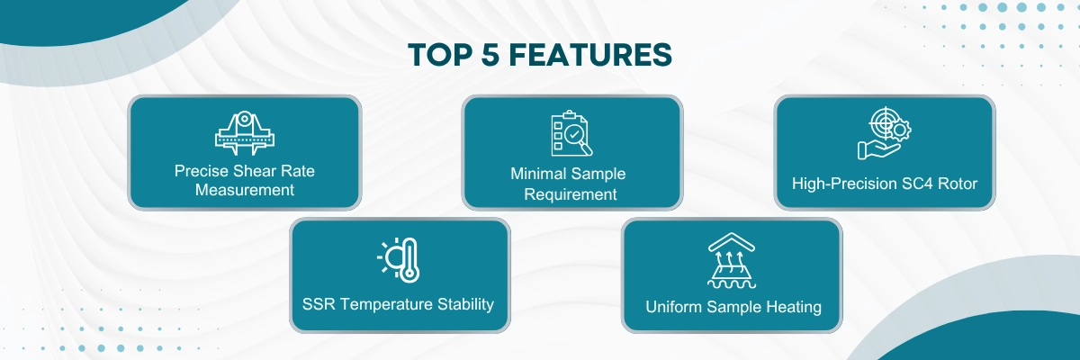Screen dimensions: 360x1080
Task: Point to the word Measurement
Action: pos(245,191)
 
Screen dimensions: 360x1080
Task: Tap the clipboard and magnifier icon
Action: pos(571,134)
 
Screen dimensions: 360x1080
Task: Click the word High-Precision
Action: pos(843,184)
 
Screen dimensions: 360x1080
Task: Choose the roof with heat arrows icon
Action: pos(733,260)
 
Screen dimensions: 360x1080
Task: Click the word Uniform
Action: pos(674,307)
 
